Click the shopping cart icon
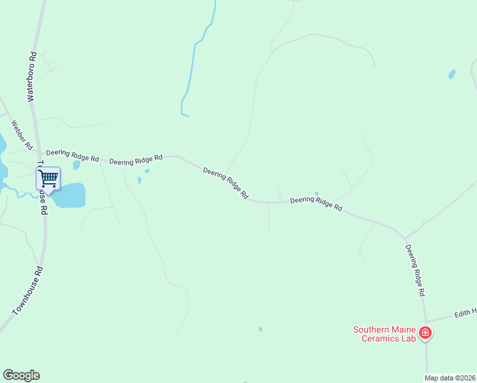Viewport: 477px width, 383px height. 48,179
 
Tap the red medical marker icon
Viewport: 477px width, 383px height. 425,333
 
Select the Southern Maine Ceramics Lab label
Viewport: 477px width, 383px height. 385,334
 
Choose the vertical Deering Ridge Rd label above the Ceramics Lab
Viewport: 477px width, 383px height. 415,270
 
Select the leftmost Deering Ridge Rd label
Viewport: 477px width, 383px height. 72,155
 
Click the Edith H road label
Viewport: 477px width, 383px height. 466,313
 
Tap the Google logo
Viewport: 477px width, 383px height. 21,375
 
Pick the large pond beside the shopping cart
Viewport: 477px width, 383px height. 70,195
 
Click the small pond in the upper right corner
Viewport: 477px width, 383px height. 452,74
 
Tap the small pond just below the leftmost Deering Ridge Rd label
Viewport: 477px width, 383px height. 77,165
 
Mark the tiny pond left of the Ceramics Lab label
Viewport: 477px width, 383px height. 260,329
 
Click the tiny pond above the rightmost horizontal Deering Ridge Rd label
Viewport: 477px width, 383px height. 316,193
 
